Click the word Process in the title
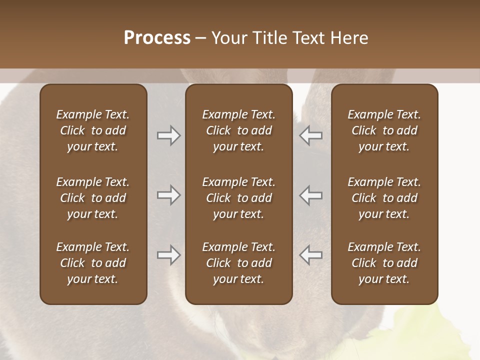pyautogui.click(x=157, y=38)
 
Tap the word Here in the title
pyautogui.click(x=349, y=38)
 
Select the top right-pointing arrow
pyautogui.click(x=168, y=135)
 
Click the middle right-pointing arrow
pyautogui.click(x=168, y=195)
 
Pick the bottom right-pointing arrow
pyautogui.click(x=168, y=255)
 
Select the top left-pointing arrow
pyautogui.click(x=310, y=135)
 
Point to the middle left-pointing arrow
pyautogui.click(x=310, y=195)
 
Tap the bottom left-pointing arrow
pyautogui.click(x=310, y=255)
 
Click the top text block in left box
pyautogui.click(x=93, y=130)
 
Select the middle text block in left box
pyautogui.click(x=93, y=198)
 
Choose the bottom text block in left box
pyautogui.click(x=93, y=263)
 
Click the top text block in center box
pyautogui.click(x=239, y=130)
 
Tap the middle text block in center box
pyautogui.click(x=239, y=198)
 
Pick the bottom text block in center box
pyautogui.click(x=239, y=263)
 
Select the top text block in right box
pyautogui.click(x=384, y=130)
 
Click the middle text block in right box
pyautogui.click(x=384, y=198)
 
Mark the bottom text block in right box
pyautogui.click(x=384, y=263)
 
